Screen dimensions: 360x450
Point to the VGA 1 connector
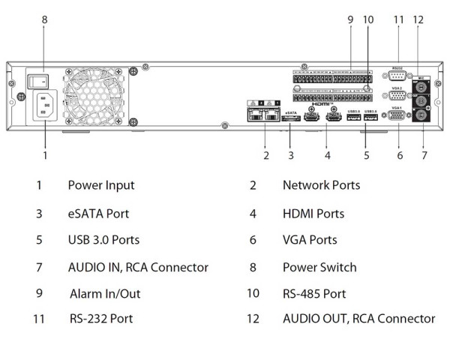[x=398, y=118]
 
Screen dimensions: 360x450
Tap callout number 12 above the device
[x=418, y=19]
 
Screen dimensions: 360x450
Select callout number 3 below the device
[x=291, y=156]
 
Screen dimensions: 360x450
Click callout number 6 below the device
[x=400, y=156]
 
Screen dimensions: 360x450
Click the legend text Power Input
[x=101, y=184]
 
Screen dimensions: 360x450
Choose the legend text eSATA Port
[x=98, y=214]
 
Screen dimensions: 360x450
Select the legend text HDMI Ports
[x=313, y=214]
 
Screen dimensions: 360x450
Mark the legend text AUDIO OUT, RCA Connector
[x=358, y=319]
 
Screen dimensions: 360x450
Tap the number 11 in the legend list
[x=39, y=319]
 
